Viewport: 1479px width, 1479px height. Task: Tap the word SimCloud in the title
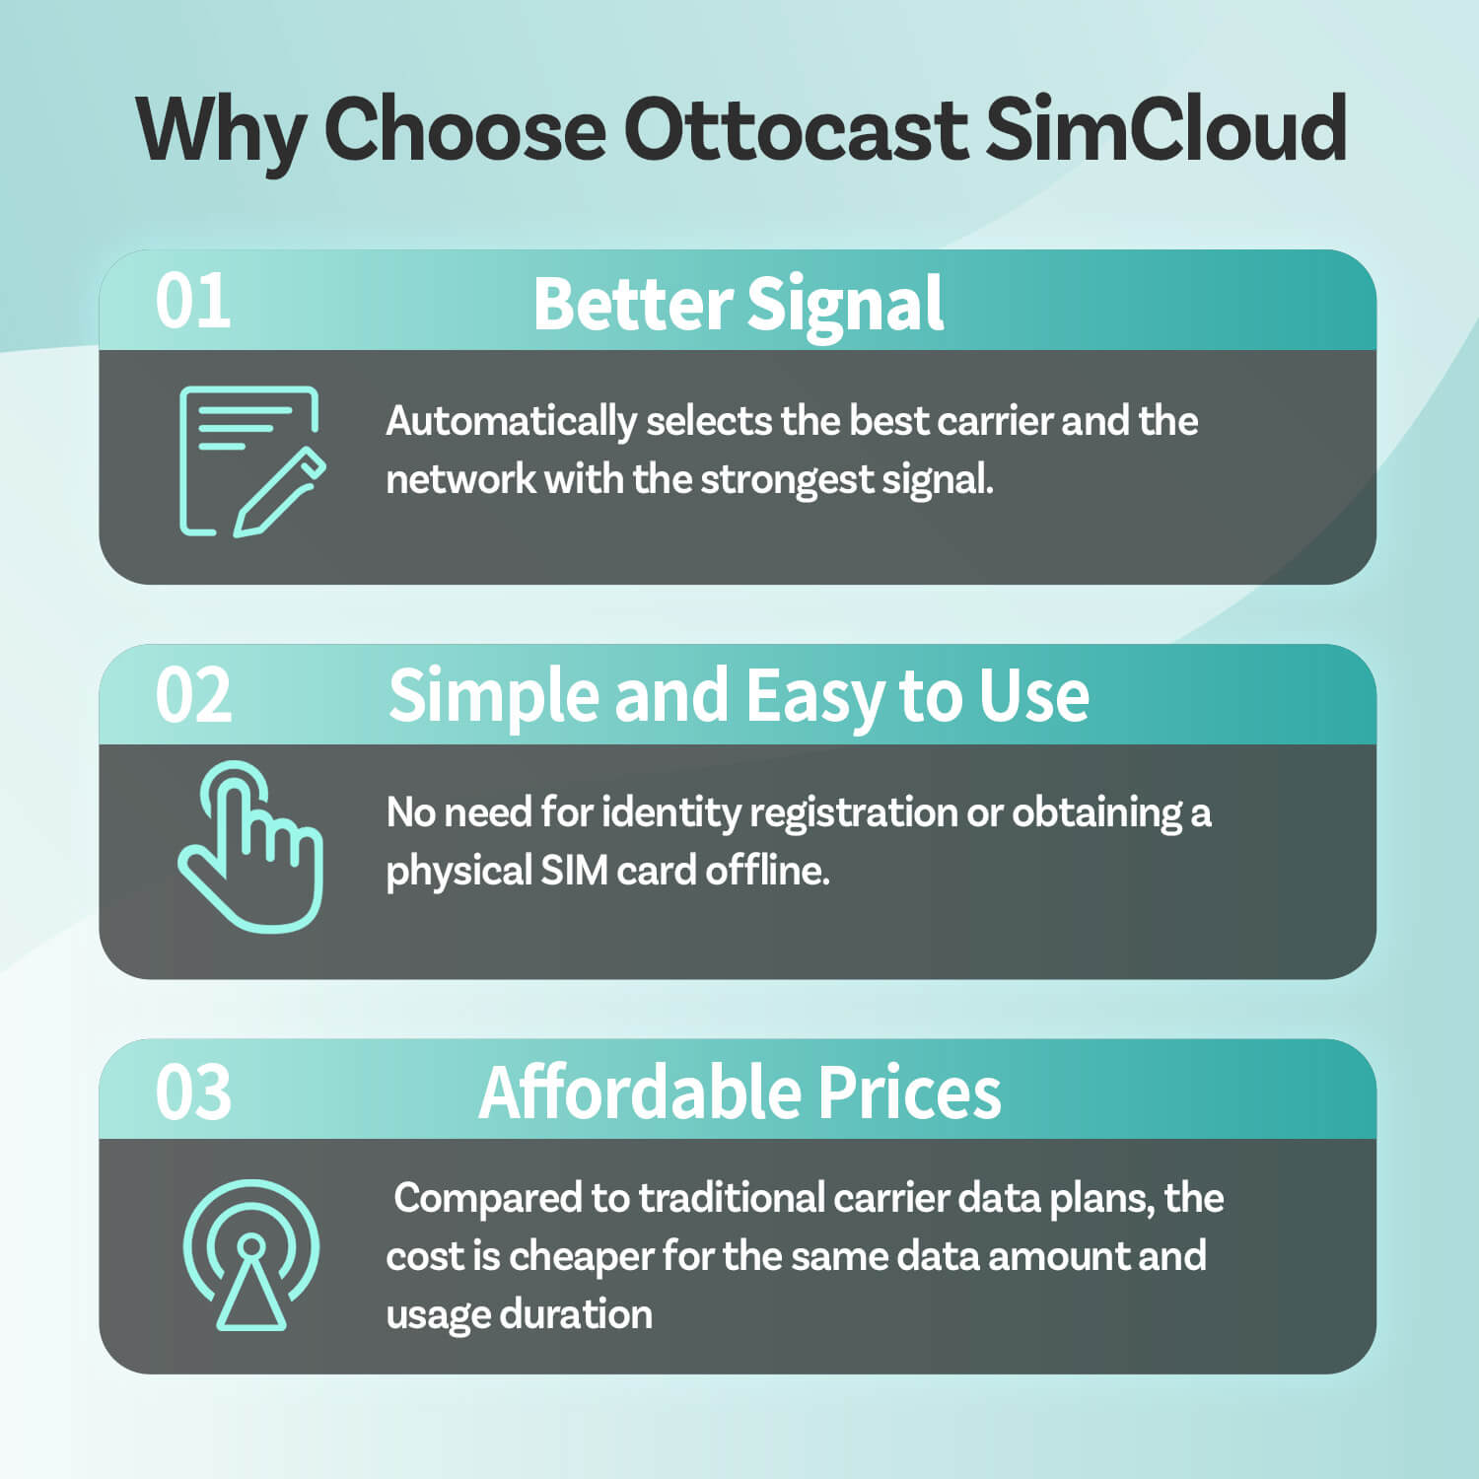(1165, 130)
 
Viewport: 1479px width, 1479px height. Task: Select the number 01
(193, 302)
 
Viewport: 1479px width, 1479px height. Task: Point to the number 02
(193, 696)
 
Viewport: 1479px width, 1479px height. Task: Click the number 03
(193, 1092)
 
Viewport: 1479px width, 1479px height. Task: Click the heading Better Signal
(738, 304)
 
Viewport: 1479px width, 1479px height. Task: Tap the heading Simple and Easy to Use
(738, 697)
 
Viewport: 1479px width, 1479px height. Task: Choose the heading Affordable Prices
(739, 1092)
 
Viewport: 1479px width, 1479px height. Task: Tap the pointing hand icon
(251, 848)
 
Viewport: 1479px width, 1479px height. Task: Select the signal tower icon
(251, 1254)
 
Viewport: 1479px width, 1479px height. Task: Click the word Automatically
(511, 422)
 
